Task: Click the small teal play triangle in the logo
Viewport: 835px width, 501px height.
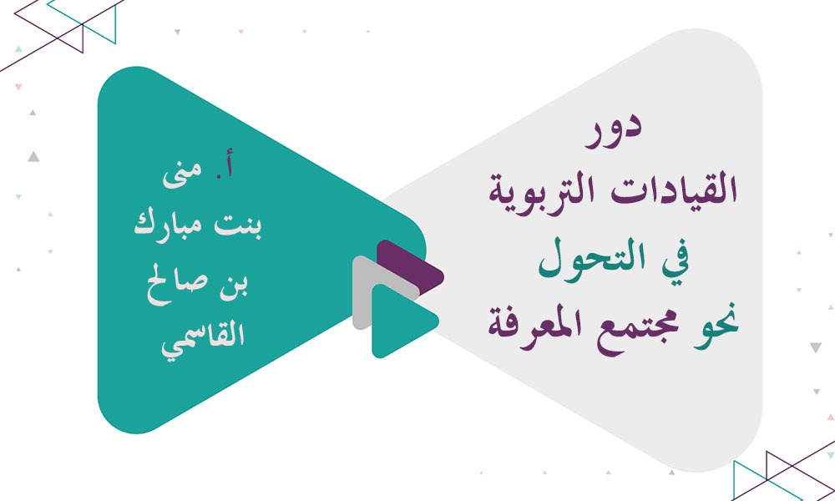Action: (x=399, y=321)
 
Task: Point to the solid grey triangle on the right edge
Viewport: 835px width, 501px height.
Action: (x=815, y=347)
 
